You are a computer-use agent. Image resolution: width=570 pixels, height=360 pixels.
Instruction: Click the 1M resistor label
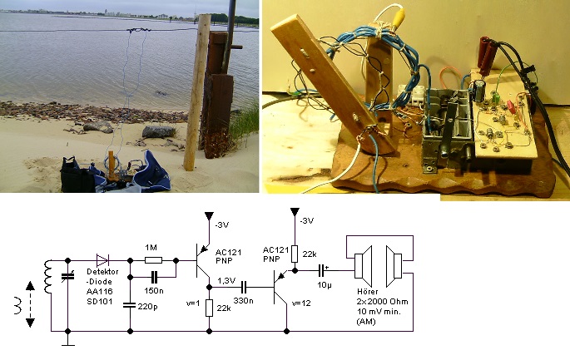coord(151,248)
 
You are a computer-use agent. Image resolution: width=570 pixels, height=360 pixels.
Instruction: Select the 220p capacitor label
coord(148,307)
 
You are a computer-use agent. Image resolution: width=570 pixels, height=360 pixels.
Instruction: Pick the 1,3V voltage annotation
coord(226,280)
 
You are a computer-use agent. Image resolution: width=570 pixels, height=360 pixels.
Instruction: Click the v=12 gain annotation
coord(302,303)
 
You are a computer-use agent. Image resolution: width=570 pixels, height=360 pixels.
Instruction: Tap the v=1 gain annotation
coord(195,303)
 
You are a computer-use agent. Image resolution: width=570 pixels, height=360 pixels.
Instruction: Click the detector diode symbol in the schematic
coord(103,260)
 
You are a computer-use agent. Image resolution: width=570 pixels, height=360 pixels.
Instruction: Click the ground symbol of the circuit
coord(70,338)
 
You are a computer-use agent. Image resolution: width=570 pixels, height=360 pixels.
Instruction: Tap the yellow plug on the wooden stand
coord(388,14)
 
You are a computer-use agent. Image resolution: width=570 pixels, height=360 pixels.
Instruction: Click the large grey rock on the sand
coord(158,131)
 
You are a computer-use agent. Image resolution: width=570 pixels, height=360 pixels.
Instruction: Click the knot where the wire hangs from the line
coord(135,32)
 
